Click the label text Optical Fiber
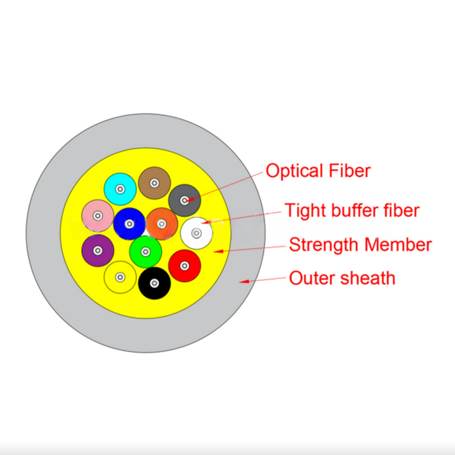(318, 171)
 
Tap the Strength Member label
(360, 245)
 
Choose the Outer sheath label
(342, 278)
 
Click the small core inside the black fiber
(154, 283)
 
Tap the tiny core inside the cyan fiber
(120, 189)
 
